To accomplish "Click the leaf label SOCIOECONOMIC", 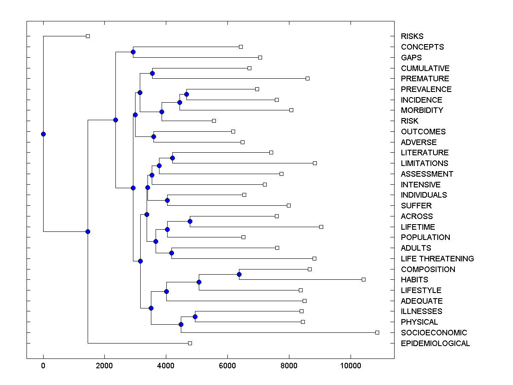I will (433, 333).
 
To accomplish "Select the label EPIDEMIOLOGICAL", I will (435, 344).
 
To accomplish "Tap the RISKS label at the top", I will (412, 36).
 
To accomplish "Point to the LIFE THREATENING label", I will (437, 259).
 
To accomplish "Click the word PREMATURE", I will (425, 79).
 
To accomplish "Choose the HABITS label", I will (414, 280).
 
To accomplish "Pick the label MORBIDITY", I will (422, 110).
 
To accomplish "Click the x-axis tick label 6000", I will (227, 366).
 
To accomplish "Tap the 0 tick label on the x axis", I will (43, 366).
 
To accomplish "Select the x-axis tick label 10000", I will (351, 366).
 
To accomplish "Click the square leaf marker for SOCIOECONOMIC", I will (377, 332).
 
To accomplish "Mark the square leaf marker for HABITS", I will (363, 279).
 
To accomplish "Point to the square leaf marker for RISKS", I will (88, 36).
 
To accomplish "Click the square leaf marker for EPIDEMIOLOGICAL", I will (190, 343).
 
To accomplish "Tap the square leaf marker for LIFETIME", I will (321, 227).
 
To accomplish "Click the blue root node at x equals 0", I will (43, 134).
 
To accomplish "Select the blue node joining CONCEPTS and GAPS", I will (133, 52).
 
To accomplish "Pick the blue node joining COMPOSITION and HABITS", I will (239, 274).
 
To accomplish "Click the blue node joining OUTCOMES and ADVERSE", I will (154, 137).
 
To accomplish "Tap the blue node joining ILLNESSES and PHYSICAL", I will (195, 317).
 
